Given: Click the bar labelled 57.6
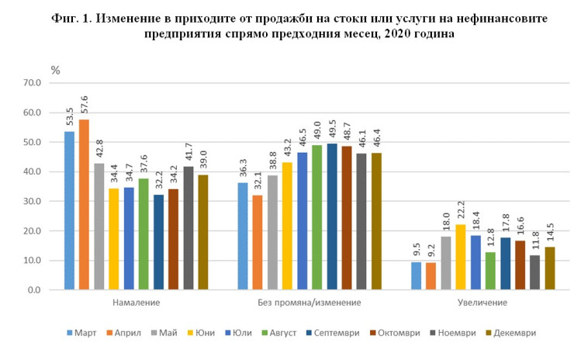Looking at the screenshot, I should tap(84, 205).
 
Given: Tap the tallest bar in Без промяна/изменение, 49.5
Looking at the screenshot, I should tap(332, 216).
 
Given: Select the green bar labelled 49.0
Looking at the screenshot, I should tap(317, 217).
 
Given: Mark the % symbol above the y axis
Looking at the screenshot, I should tap(55, 70).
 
